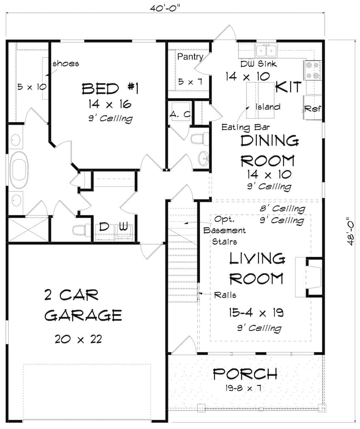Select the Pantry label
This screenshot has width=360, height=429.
coord(190,56)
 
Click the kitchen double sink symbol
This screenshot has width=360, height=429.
coord(266,50)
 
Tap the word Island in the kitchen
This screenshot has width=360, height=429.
coord(268,107)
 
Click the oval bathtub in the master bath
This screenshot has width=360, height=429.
coord(20,171)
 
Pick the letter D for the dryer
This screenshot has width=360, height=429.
coord(104,227)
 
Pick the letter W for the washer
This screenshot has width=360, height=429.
coord(123,227)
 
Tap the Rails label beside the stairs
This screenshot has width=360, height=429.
coord(225,295)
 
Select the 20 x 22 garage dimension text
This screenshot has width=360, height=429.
coord(78,339)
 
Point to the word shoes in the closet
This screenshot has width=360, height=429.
coord(66,64)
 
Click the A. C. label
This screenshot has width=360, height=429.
coord(181,115)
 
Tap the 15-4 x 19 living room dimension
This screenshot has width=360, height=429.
coord(256,313)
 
